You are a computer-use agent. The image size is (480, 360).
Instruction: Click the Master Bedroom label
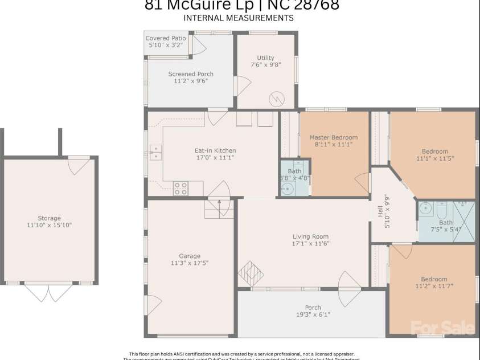334,137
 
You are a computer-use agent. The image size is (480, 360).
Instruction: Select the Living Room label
311,236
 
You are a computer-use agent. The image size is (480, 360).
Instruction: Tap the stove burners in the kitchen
180,188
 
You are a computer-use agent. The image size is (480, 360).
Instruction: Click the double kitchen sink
155,153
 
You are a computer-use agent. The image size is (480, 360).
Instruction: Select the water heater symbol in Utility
276,98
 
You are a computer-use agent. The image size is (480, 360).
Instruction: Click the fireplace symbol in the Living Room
251,272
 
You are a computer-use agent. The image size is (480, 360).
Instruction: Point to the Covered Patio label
166,38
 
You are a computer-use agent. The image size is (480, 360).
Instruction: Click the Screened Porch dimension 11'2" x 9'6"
191,81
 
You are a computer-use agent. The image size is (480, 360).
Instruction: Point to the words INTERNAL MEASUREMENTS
239,18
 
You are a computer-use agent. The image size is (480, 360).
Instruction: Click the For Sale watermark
443,328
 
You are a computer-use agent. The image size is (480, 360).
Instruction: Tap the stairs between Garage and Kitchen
220,208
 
